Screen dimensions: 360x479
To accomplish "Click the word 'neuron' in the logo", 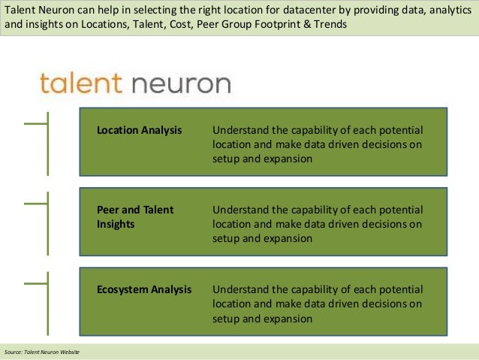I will click(181, 83).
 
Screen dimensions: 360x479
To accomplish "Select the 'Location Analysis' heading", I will click(139, 130).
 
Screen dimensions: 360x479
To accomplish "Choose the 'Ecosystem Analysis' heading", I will click(144, 289).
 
